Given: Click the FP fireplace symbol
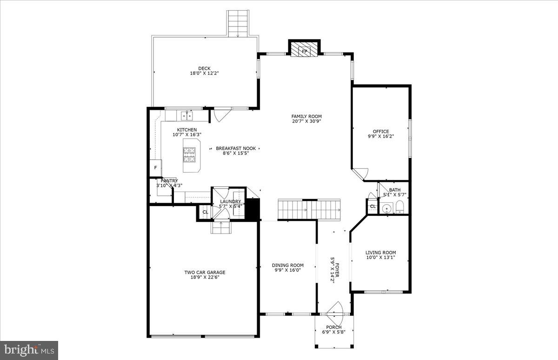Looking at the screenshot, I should (x=305, y=50).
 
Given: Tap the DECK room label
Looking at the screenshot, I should (x=204, y=68).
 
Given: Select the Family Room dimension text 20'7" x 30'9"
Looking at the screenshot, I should (x=306, y=121).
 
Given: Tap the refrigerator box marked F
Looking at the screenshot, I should (x=155, y=168).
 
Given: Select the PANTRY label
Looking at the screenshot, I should (x=169, y=181).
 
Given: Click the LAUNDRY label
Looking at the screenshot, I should (x=230, y=201).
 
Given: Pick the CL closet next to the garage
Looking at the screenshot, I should (x=205, y=213).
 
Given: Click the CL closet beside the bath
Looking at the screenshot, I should (x=373, y=207).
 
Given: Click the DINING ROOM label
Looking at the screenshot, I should (x=287, y=265).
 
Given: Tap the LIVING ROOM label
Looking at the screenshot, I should (x=380, y=253).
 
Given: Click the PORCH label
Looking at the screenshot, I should (x=333, y=327).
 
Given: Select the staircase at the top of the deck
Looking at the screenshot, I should (x=238, y=22).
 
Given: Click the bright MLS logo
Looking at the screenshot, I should (x=29, y=349).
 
